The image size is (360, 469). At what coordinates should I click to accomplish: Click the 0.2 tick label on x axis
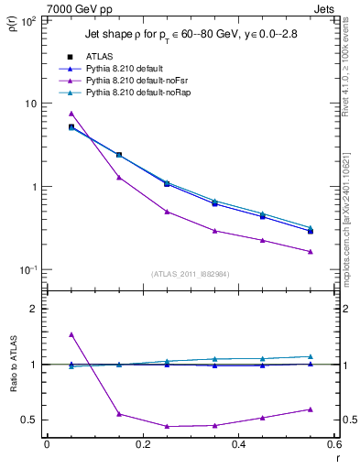tap(142, 445)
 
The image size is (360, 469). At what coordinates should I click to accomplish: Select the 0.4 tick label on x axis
tap(238, 445)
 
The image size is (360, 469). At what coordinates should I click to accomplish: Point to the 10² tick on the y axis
tap(27, 20)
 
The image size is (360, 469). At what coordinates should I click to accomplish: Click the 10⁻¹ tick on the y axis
tap(27, 270)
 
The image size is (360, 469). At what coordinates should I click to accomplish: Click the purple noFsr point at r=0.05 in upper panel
tap(71, 114)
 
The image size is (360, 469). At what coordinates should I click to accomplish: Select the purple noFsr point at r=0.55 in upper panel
tap(311, 252)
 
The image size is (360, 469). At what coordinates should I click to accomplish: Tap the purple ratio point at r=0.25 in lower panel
tap(167, 426)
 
